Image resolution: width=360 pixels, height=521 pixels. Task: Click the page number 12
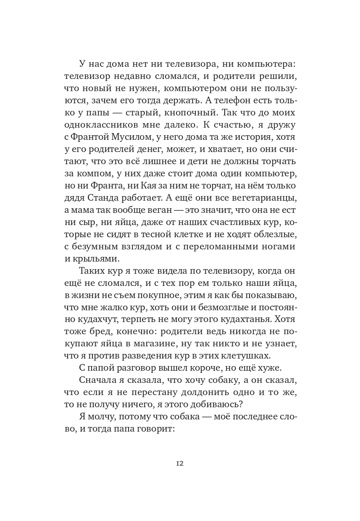(180, 463)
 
